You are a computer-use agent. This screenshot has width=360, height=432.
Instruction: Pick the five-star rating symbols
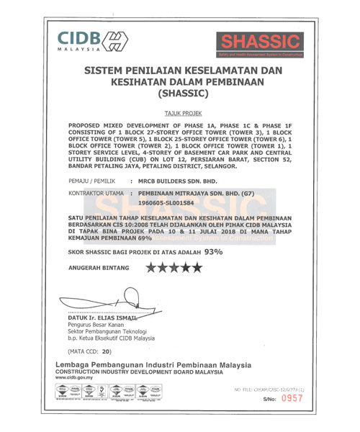pos(174,268)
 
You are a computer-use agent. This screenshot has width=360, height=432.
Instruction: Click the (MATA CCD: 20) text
pos(89,352)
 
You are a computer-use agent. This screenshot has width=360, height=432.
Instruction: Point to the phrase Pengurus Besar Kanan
pos(94,325)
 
